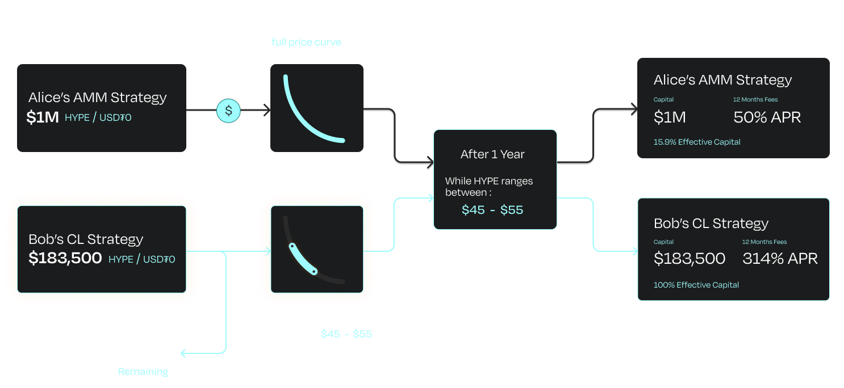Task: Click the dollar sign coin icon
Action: click(228, 111)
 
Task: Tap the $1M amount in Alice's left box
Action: click(43, 117)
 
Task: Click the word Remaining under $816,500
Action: click(143, 372)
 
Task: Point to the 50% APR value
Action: click(767, 117)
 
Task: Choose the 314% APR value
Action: click(780, 259)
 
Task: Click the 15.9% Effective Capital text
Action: click(697, 142)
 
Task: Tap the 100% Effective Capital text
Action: click(696, 285)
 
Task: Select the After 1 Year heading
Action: click(492, 154)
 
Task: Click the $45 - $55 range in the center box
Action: click(492, 210)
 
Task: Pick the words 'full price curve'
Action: click(306, 42)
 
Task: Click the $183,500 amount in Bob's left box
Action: click(65, 259)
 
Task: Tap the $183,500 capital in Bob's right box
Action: click(690, 259)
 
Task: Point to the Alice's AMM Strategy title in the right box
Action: click(722, 80)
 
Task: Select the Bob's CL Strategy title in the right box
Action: click(711, 223)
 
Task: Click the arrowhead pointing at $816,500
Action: click(183, 354)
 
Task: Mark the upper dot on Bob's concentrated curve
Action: click(292, 246)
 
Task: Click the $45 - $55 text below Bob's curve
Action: click(346, 334)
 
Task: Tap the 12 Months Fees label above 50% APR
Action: click(755, 100)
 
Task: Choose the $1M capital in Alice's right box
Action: click(670, 117)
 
